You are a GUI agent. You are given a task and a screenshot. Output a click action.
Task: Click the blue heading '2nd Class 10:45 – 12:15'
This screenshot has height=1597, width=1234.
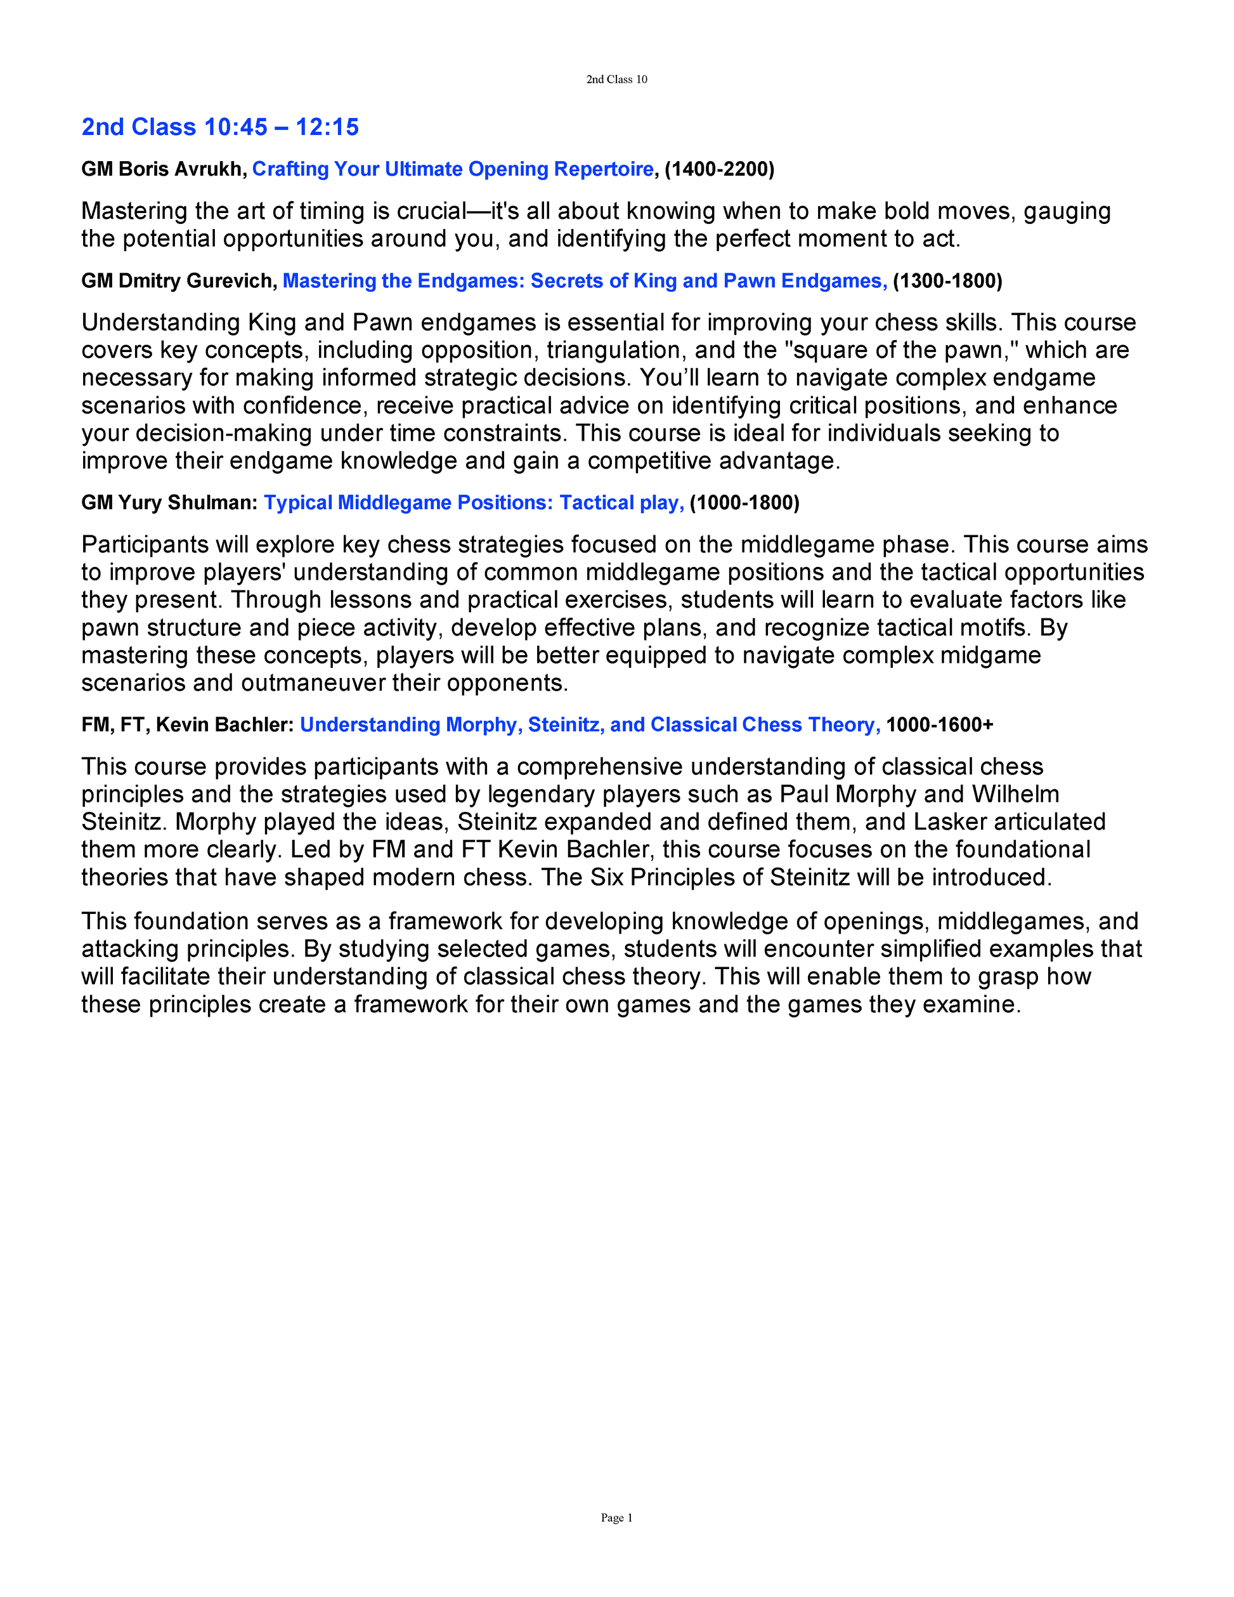tap(220, 127)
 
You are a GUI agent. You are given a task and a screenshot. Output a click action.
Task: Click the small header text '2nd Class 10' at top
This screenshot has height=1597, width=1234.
tap(616, 80)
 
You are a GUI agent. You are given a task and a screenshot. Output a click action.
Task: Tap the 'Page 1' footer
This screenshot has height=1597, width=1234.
tap(616, 1517)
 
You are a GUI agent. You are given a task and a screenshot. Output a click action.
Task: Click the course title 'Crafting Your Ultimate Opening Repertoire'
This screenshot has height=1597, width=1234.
tap(453, 169)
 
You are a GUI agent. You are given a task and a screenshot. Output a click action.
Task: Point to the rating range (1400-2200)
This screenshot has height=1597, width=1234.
tap(719, 169)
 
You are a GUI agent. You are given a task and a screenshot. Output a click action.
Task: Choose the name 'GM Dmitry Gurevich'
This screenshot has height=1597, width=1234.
tap(178, 282)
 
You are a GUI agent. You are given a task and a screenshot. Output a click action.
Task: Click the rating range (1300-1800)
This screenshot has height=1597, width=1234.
tap(947, 282)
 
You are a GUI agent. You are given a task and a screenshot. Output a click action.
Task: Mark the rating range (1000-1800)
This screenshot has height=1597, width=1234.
tap(745, 503)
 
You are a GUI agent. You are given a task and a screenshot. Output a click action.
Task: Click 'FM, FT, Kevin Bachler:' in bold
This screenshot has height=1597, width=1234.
tap(187, 725)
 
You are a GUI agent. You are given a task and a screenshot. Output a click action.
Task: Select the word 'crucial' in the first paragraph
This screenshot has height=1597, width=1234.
tap(431, 211)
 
